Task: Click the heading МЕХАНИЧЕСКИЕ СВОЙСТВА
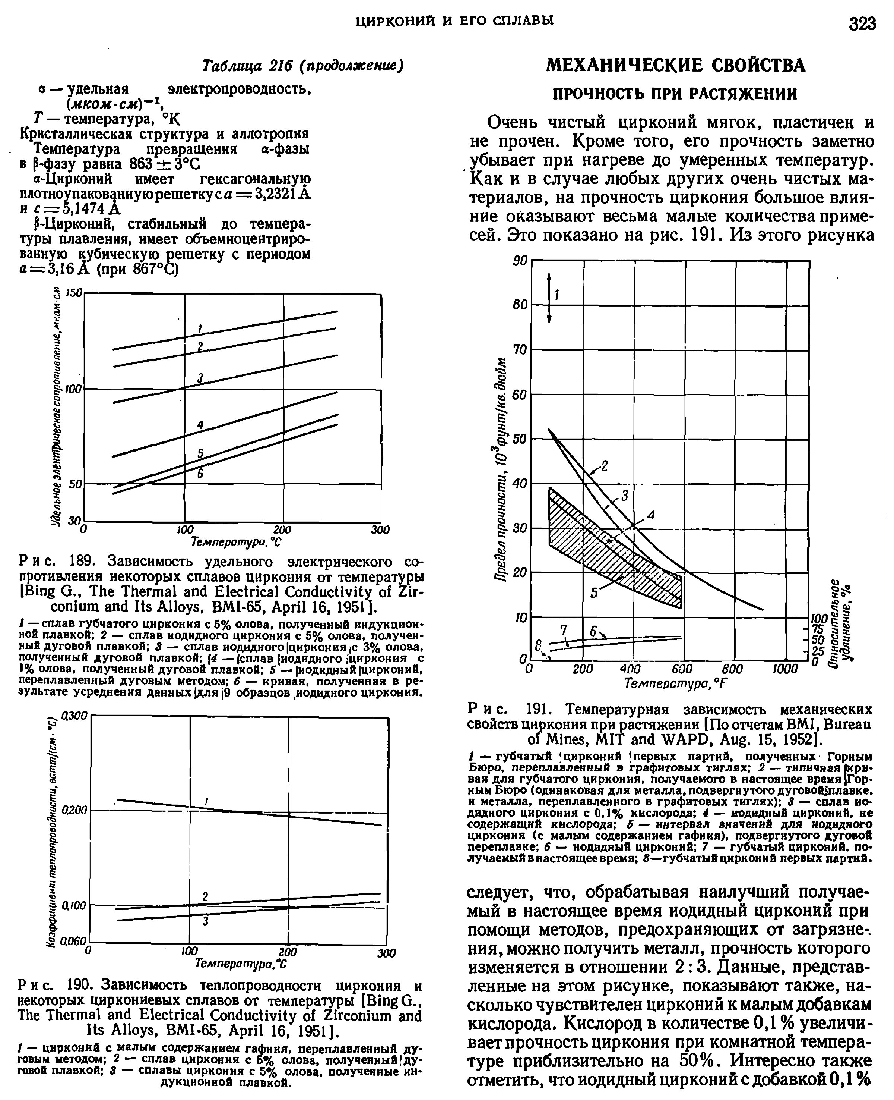click(675, 66)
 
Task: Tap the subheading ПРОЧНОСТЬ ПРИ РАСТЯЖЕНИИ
click(675, 94)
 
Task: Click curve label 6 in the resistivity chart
click(201, 473)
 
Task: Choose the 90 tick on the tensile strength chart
click(521, 261)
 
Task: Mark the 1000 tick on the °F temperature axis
click(785, 669)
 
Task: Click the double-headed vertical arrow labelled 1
click(549, 298)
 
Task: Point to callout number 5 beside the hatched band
click(594, 593)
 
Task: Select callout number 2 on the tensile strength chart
click(605, 466)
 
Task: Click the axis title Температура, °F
click(675, 683)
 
